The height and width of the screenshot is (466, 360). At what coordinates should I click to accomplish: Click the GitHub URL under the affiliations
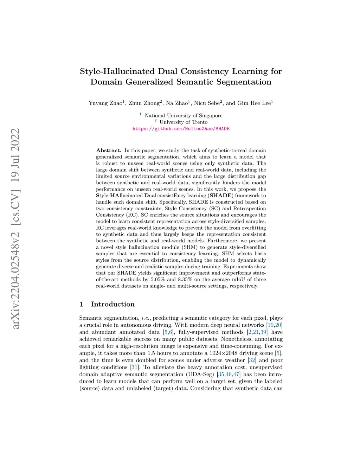pyautogui.click(x=181, y=129)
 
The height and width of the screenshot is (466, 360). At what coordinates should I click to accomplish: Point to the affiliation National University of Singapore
pyautogui.click(x=183, y=116)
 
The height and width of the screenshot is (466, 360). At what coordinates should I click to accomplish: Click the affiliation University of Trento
pyautogui.click(x=183, y=122)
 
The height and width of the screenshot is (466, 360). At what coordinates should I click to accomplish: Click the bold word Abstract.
pyautogui.click(x=109, y=151)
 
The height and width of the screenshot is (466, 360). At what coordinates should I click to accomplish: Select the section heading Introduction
pyautogui.click(x=112, y=304)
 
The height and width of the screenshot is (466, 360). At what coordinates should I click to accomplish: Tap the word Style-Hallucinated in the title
pyautogui.click(x=117, y=71)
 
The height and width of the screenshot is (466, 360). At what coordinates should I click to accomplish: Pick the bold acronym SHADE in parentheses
pyautogui.click(x=220, y=196)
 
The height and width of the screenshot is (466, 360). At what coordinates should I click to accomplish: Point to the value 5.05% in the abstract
pyautogui.click(x=158, y=279)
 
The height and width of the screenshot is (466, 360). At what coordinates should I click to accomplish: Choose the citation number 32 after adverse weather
pyautogui.click(x=252, y=360)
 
